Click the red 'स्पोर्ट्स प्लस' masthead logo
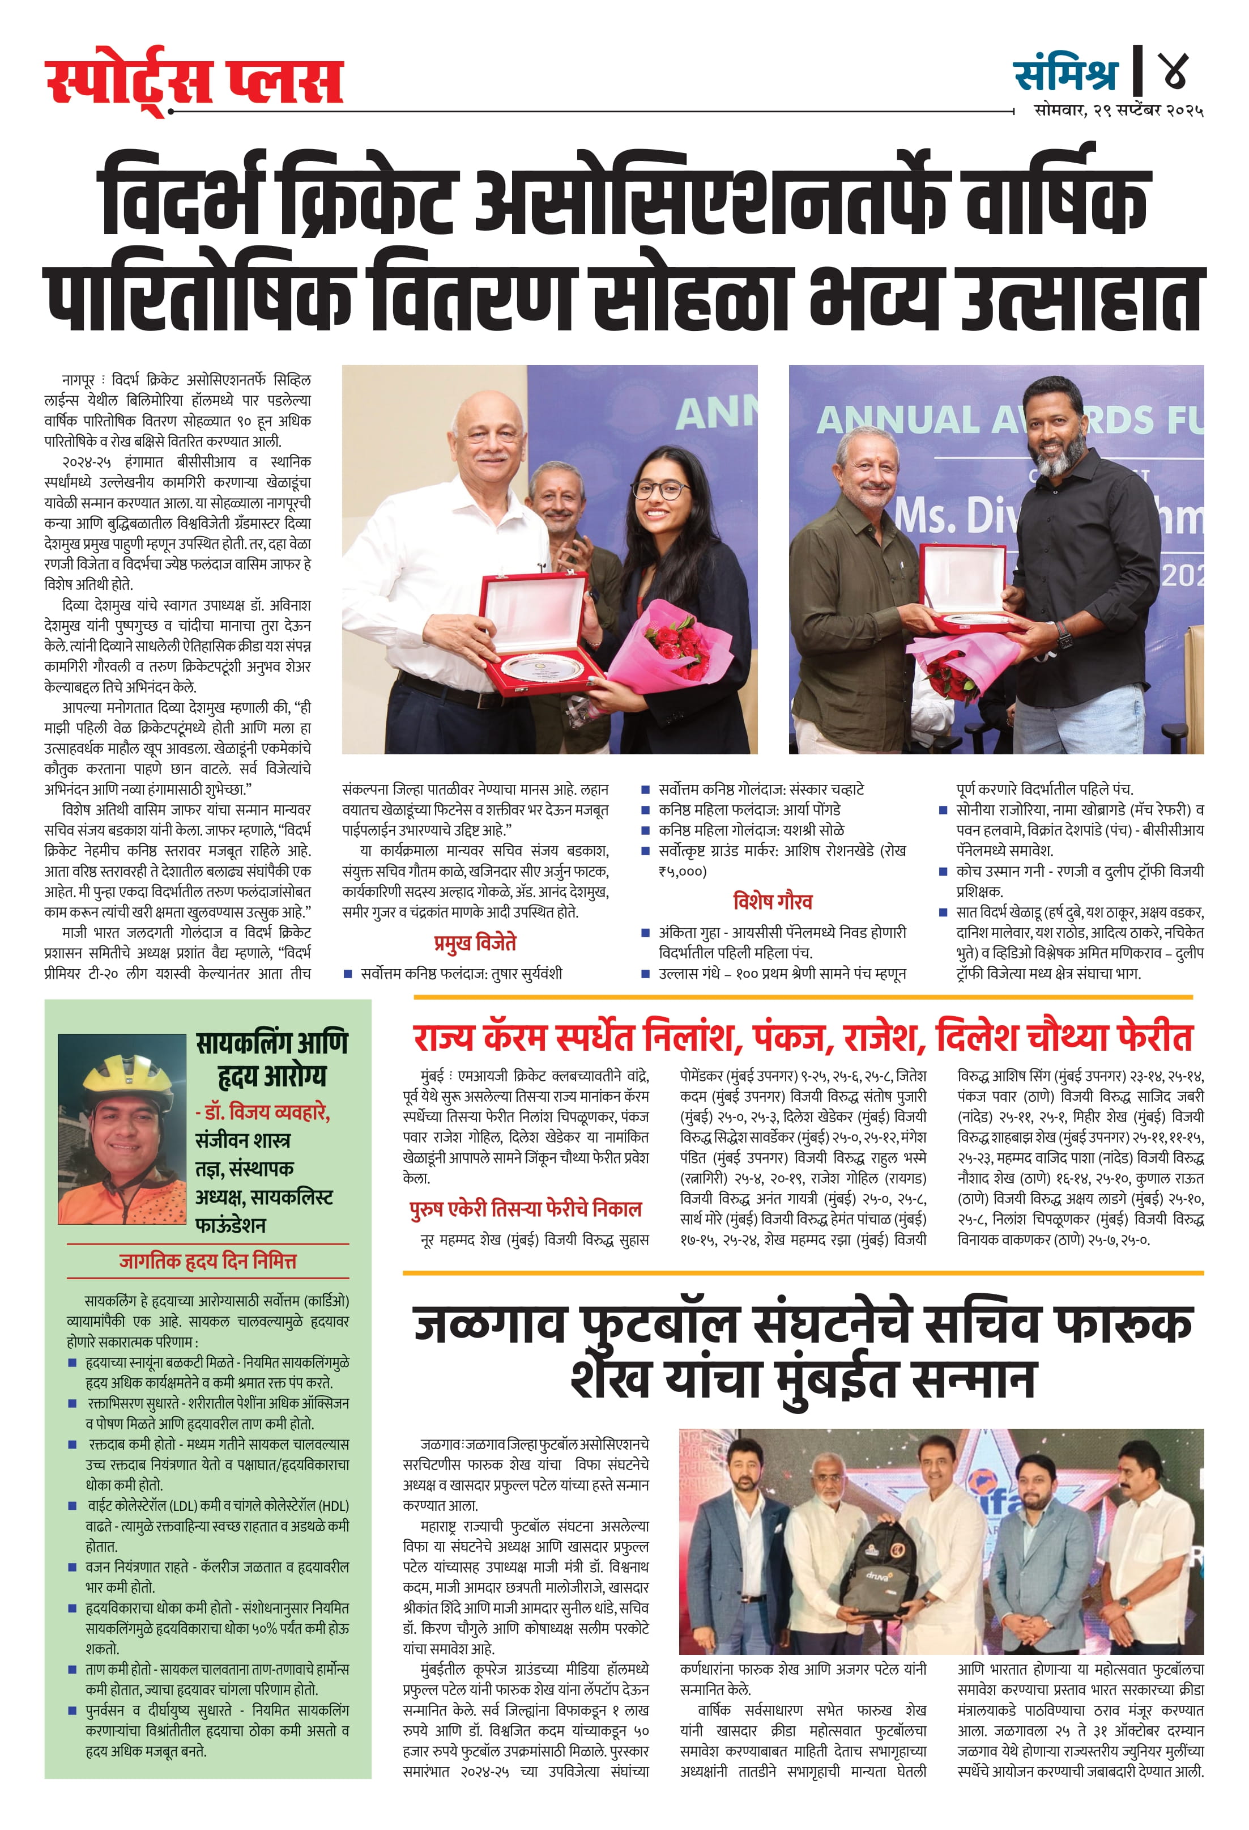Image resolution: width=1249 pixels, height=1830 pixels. click(194, 80)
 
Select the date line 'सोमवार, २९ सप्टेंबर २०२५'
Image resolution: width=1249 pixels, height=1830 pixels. click(1118, 111)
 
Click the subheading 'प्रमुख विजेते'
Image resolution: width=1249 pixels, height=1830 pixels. click(475, 942)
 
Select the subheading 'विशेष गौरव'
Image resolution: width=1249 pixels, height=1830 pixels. click(772, 901)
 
